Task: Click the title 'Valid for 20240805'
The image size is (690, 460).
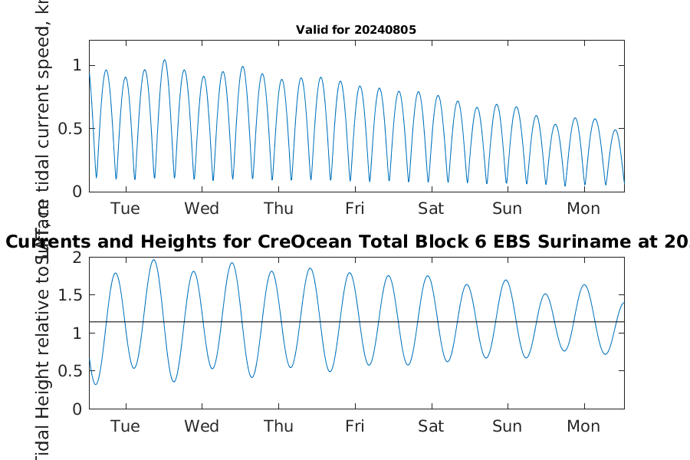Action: click(x=356, y=31)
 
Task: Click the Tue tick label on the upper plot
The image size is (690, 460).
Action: click(x=125, y=209)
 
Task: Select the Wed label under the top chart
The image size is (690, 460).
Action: click(x=202, y=209)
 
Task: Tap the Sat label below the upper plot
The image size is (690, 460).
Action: click(x=431, y=209)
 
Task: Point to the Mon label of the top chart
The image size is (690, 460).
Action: click(x=583, y=209)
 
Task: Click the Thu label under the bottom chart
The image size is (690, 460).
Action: click(x=278, y=426)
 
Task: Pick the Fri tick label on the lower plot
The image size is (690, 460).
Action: click(x=355, y=426)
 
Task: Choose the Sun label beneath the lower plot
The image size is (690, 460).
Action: click(x=507, y=426)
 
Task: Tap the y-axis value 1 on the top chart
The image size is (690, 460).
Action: click(x=77, y=66)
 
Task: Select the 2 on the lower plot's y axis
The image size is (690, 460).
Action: click(x=77, y=257)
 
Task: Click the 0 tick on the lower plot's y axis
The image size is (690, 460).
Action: click(x=77, y=409)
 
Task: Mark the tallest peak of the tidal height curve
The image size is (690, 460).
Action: click(x=153, y=260)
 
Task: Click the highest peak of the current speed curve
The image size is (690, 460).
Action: click(x=164, y=61)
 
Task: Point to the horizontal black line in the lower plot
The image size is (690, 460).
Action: click(x=383, y=322)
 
